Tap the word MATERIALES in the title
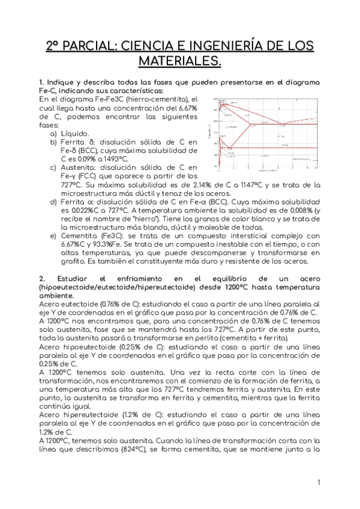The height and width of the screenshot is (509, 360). pos(179,61)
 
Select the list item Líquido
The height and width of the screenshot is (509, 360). pos(75,133)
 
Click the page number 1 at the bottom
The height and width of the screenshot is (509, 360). pos(319,482)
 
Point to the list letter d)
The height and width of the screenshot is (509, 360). pos(53,202)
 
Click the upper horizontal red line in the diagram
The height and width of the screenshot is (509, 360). pos(282,124)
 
